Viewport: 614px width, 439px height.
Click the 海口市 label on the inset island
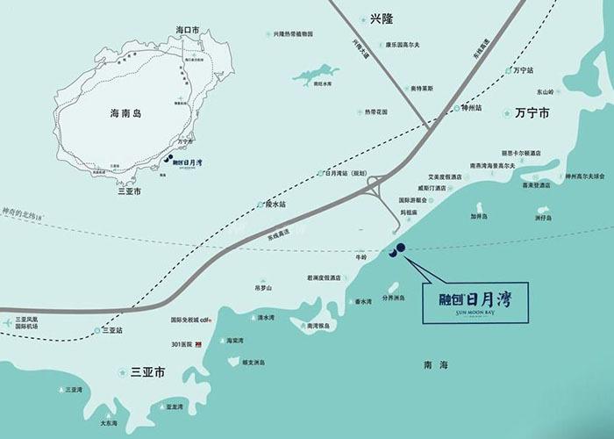(188, 30)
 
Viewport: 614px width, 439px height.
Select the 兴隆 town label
(379, 18)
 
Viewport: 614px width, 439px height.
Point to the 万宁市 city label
(532, 114)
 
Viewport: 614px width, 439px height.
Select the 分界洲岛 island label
(394, 297)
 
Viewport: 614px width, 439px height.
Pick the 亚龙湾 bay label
(174, 407)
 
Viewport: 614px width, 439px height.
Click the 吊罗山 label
(263, 287)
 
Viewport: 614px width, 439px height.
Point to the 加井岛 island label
(479, 215)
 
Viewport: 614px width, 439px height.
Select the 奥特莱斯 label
(397, 88)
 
